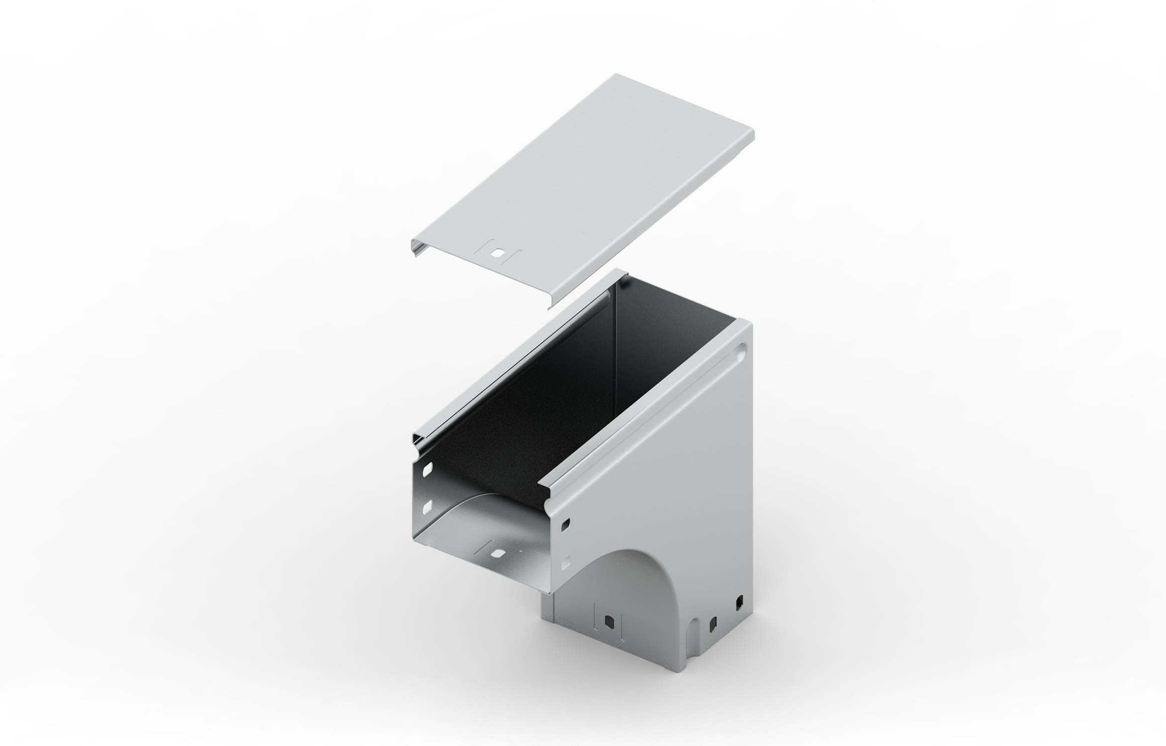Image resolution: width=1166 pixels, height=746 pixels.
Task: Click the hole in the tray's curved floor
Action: [496, 552]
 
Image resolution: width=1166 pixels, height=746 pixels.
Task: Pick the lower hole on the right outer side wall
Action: [566, 564]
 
